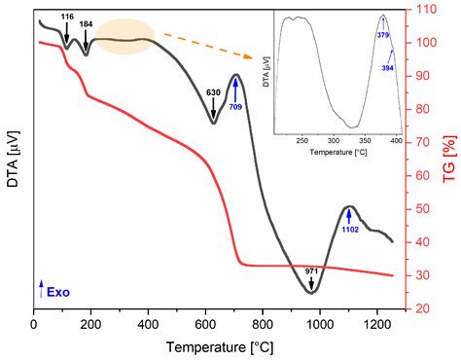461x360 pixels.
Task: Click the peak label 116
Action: coord(67,18)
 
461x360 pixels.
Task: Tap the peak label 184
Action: coord(87,23)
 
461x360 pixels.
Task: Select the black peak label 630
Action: coord(214,92)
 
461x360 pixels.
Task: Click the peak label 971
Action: coord(311,270)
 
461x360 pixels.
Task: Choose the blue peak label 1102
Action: coord(351,230)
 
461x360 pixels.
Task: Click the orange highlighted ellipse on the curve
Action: coord(124,38)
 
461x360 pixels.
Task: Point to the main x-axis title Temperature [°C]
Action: coord(218,347)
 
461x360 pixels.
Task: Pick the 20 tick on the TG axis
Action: coord(421,308)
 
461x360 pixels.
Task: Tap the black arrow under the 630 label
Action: coord(214,109)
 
